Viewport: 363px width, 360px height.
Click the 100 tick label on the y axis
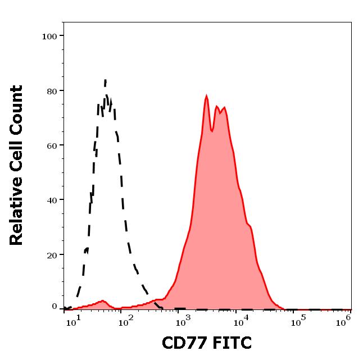click(x=51, y=36)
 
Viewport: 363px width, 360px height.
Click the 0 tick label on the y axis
click(x=55, y=307)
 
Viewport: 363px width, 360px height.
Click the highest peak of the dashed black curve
click(x=105, y=81)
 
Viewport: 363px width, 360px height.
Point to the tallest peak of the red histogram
click(x=206, y=96)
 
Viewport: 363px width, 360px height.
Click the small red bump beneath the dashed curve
click(x=102, y=301)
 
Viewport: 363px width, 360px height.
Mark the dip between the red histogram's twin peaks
click(x=211, y=131)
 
